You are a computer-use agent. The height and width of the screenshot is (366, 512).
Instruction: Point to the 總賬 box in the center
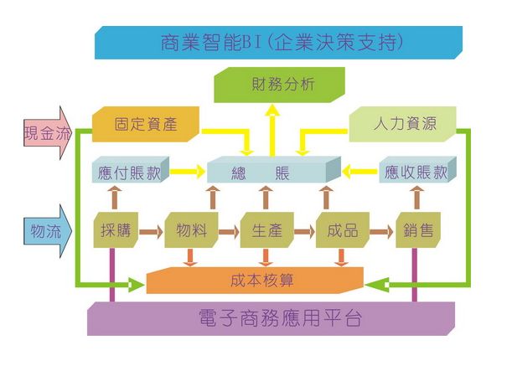(x=271, y=173)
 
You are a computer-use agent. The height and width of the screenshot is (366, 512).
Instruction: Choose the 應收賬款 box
(x=414, y=173)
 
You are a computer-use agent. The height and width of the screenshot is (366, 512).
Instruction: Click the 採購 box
(x=116, y=229)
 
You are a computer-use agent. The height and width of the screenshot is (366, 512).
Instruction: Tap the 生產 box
(x=266, y=229)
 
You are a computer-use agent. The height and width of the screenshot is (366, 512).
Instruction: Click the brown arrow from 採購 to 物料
(x=152, y=229)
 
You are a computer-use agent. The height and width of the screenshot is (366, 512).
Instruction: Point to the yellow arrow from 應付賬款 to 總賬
(x=189, y=173)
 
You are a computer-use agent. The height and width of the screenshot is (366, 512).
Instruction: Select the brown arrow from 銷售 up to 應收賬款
(x=416, y=199)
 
